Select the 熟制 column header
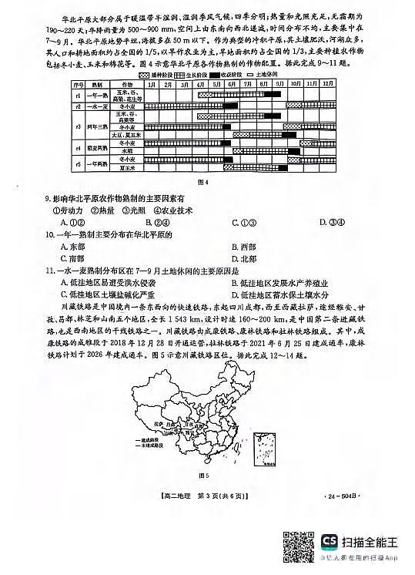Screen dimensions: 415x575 (x=95, y=82)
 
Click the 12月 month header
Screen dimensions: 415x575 (x=328, y=82)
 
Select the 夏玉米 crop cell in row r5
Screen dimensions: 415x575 (x=126, y=167)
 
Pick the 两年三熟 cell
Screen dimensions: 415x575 (x=95, y=123)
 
